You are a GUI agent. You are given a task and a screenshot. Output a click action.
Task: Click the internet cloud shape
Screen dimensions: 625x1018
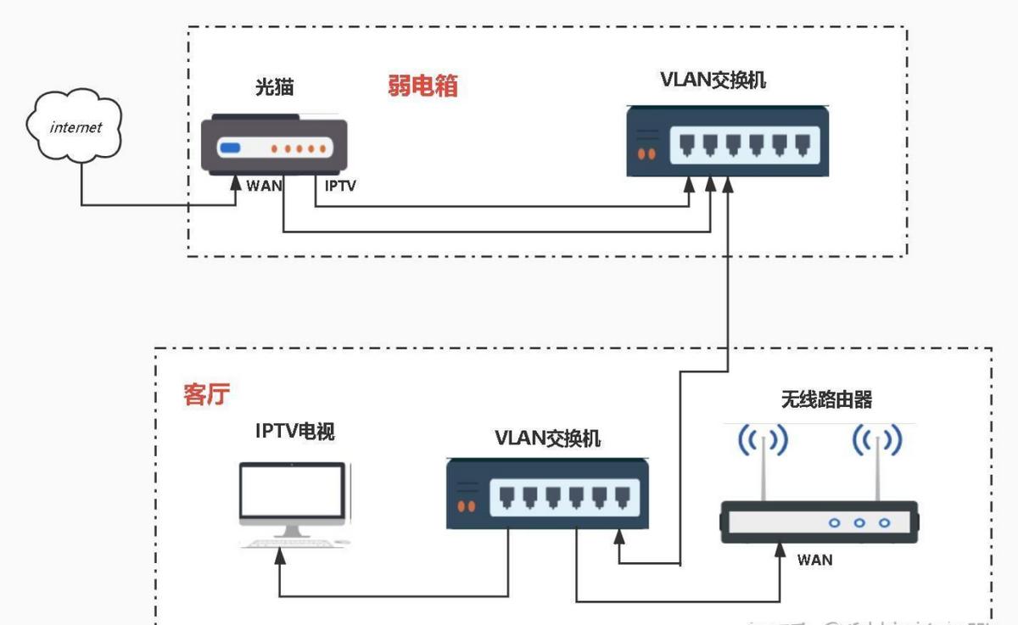point(76,127)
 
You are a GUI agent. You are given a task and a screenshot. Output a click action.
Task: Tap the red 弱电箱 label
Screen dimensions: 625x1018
point(422,86)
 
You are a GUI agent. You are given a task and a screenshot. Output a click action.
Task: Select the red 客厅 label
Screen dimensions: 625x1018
point(206,394)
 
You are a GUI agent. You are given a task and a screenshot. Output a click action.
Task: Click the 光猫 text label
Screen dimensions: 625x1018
point(273,87)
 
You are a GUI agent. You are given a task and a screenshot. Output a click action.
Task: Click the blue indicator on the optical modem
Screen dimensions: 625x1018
point(231,149)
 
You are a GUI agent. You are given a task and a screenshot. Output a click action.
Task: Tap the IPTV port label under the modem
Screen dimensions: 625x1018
point(340,185)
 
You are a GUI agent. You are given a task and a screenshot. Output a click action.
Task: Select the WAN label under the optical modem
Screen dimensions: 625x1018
point(264,185)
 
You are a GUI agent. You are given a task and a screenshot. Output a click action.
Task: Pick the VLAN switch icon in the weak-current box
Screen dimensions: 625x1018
point(727,142)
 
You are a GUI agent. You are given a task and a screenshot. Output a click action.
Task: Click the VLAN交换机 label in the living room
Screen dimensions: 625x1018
point(548,437)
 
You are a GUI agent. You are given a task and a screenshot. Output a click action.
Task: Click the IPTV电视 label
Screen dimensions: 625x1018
point(295,432)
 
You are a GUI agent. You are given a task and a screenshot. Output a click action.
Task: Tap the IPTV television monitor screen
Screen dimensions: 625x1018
point(292,494)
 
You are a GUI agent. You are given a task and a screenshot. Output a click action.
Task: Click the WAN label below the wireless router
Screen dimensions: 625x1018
point(814,560)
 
